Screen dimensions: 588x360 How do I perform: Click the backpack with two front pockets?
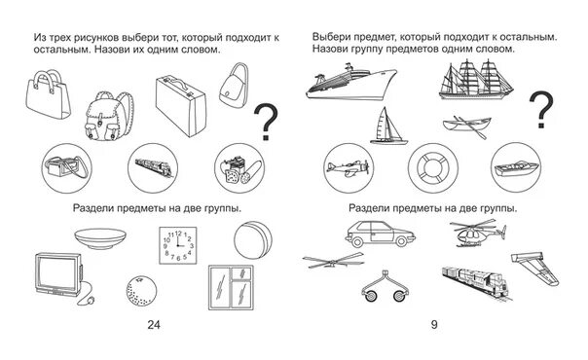pyautogui.click(x=109, y=116)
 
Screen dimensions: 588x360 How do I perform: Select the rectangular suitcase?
pyautogui.click(x=181, y=106)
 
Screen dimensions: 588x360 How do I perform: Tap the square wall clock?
pyautogui.click(x=178, y=245)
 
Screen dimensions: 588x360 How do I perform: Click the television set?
pyautogui.click(x=59, y=275)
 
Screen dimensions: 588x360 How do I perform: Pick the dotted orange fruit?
pyautogui.click(x=141, y=292)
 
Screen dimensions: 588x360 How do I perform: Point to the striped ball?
pyautogui.click(x=253, y=240)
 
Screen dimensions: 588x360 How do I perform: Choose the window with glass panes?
pyautogui.click(x=232, y=287)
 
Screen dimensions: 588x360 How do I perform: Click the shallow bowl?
pyautogui.click(x=100, y=238)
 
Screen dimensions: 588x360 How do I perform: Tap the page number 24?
pyautogui.click(x=154, y=324)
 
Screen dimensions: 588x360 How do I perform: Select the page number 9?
pyautogui.click(x=434, y=324)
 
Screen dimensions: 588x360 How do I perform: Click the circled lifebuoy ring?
pyautogui.click(x=433, y=167)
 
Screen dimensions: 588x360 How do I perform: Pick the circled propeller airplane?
pyautogui.click(x=349, y=167)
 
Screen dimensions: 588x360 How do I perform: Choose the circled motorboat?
pyautogui.click(x=516, y=167)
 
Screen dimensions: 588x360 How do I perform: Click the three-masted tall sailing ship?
pyautogui.click(x=476, y=80)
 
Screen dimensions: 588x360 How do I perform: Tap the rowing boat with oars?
pyautogui.click(x=467, y=126)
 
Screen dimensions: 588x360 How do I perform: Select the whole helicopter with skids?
pyautogui.click(x=478, y=234)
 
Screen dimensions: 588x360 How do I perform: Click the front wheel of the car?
pyautogui.click(x=356, y=242)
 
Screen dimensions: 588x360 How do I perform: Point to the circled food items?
pyautogui.click(x=239, y=168)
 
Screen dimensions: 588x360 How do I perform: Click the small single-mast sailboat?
pyautogui.click(x=388, y=126)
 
